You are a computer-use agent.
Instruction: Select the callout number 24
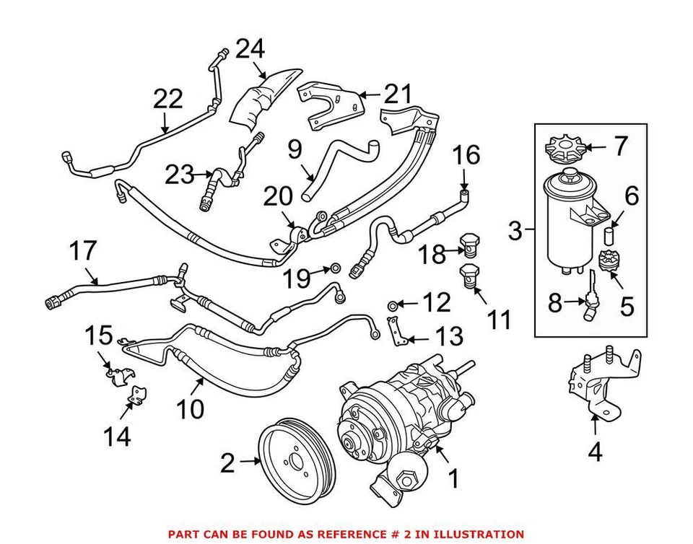click(x=250, y=49)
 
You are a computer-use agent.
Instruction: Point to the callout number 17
click(x=83, y=252)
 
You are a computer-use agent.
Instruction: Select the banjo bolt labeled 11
click(x=469, y=278)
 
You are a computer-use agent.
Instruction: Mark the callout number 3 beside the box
click(x=515, y=232)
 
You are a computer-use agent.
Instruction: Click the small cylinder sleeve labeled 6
click(x=609, y=237)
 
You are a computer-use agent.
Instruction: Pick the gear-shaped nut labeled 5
click(x=608, y=260)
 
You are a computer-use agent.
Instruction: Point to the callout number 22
click(x=167, y=100)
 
